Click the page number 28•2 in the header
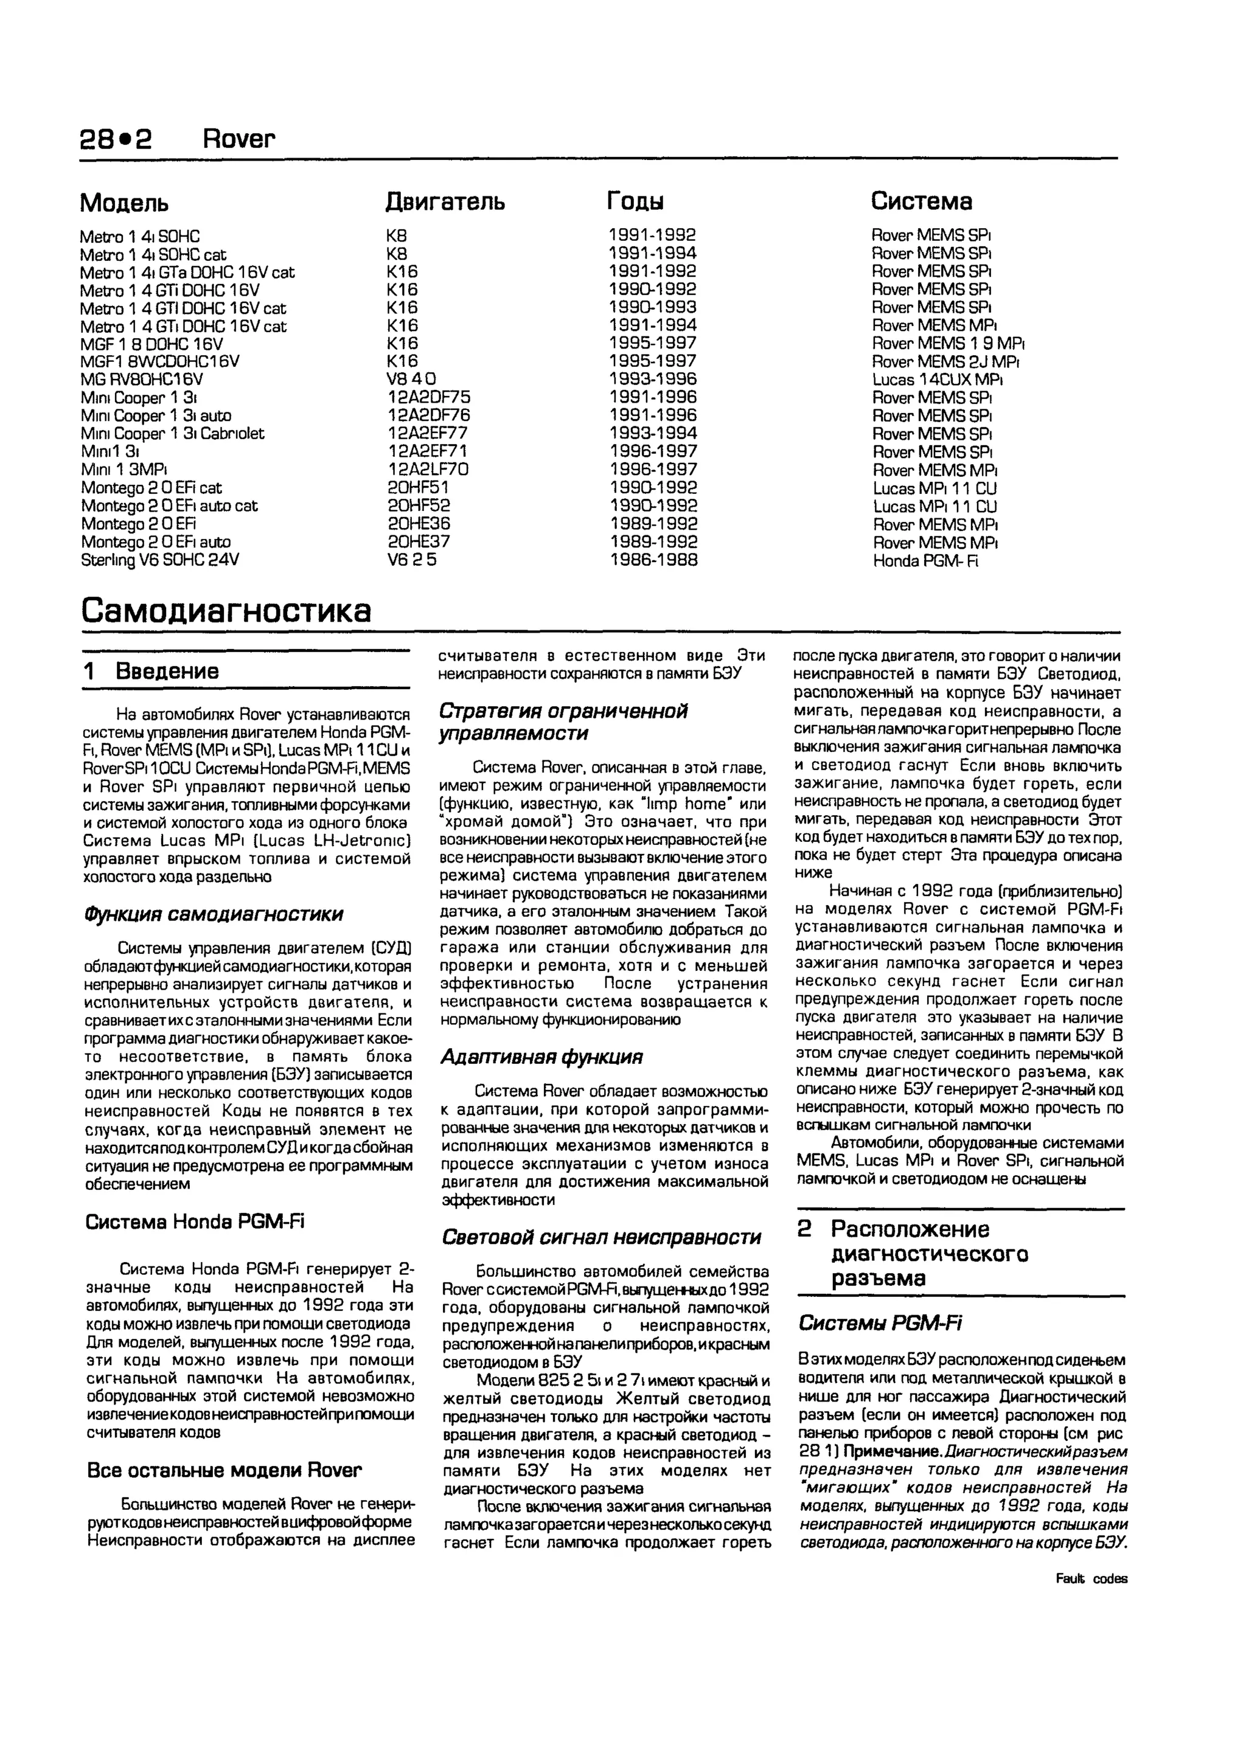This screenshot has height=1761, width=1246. [115, 139]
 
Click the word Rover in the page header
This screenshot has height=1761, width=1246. [238, 139]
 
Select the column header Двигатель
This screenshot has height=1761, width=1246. [444, 202]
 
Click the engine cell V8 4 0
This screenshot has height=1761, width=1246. [411, 380]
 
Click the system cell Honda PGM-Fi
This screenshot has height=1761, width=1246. [925, 561]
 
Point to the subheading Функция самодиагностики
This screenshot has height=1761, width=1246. [214, 914]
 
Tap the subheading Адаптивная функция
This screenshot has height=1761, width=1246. [541, 1058]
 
